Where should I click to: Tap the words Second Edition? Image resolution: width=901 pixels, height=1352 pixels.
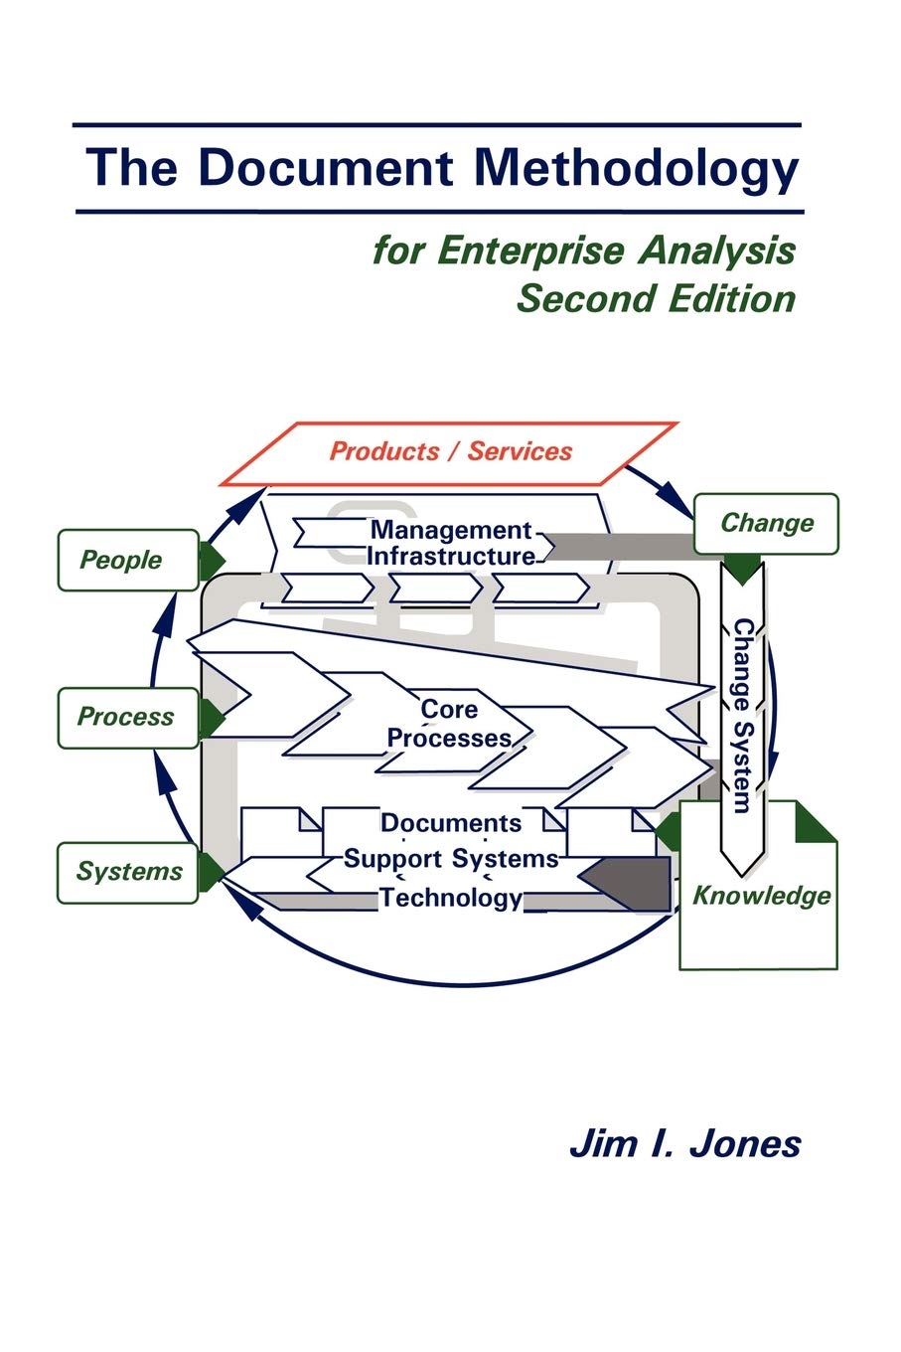point(656,298)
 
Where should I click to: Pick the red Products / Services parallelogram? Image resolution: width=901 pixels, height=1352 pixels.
point(450,452)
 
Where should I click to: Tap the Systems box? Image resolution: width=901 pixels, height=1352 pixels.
point(128,872)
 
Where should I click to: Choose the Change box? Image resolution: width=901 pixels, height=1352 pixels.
point(766,523)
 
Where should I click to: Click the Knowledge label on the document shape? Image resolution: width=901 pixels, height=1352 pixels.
point(761,896)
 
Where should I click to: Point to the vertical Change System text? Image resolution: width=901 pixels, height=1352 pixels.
point(742,716)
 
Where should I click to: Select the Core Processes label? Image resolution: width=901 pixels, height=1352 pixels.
point(449,724)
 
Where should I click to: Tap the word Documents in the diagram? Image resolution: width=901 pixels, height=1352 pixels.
point(450,823)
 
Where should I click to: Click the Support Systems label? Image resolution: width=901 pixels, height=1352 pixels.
point(450,858)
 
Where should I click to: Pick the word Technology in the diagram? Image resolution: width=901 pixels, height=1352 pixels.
point(450,898)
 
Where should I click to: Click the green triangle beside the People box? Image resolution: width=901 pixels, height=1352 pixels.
point(211,561)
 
